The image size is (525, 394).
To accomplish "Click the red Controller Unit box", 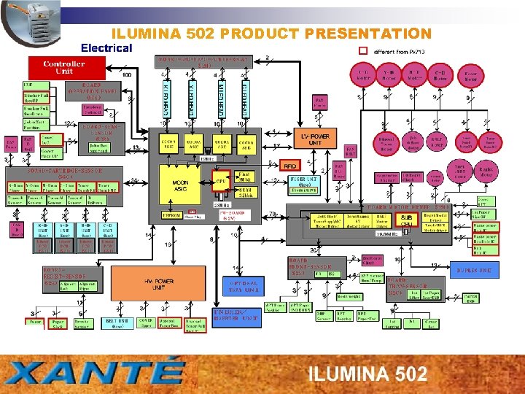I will point(63,67).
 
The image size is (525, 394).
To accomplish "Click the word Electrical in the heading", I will point(106,48).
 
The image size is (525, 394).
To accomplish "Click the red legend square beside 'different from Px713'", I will point(364,51).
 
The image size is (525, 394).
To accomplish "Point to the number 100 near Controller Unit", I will point(126,75).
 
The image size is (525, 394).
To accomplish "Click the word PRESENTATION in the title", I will point(369,34).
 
